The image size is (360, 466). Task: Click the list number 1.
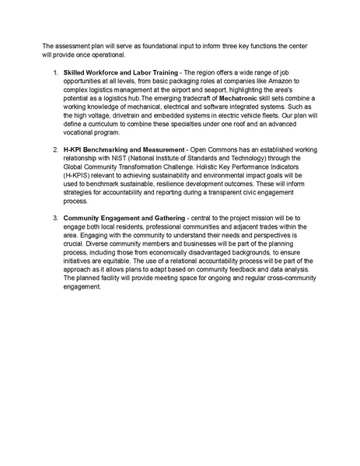[55, 72]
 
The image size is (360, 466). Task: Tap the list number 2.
[55, 148]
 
